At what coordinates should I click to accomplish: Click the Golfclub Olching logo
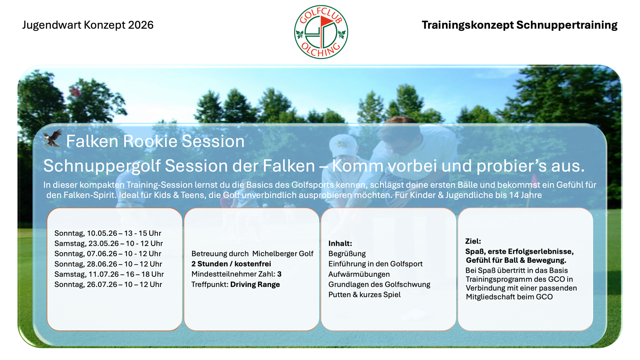tap(321, 32)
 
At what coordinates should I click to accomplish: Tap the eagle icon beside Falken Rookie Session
tap(52, 138)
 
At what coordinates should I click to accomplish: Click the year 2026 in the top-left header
tap(140, 25)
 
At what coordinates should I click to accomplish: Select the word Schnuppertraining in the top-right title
tap(567, 26)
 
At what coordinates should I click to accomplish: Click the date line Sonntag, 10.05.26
tap(108, 233)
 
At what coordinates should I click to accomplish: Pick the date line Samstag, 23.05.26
tap(108, 244)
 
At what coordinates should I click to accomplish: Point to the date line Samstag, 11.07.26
tap(109, 274)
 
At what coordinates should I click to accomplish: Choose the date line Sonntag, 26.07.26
tap(108, 284)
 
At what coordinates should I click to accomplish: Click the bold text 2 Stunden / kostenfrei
tap(231, 264)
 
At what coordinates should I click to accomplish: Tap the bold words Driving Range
tap(255, 284)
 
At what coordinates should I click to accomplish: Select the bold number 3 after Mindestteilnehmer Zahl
tap(279, 274)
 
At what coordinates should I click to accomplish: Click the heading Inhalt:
tap(340, 244)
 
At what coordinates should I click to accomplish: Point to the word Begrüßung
tap(347, 254)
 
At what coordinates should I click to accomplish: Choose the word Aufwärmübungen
tap(359, 274)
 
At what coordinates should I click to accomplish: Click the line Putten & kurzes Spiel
tap(364, 294)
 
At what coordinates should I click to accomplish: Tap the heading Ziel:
tap(473, 241)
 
